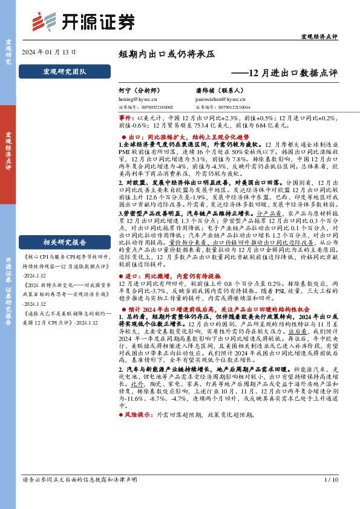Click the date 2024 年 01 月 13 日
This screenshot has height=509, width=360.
click(x=48, y=53)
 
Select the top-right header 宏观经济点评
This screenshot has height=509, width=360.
click(x=319, y=38)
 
